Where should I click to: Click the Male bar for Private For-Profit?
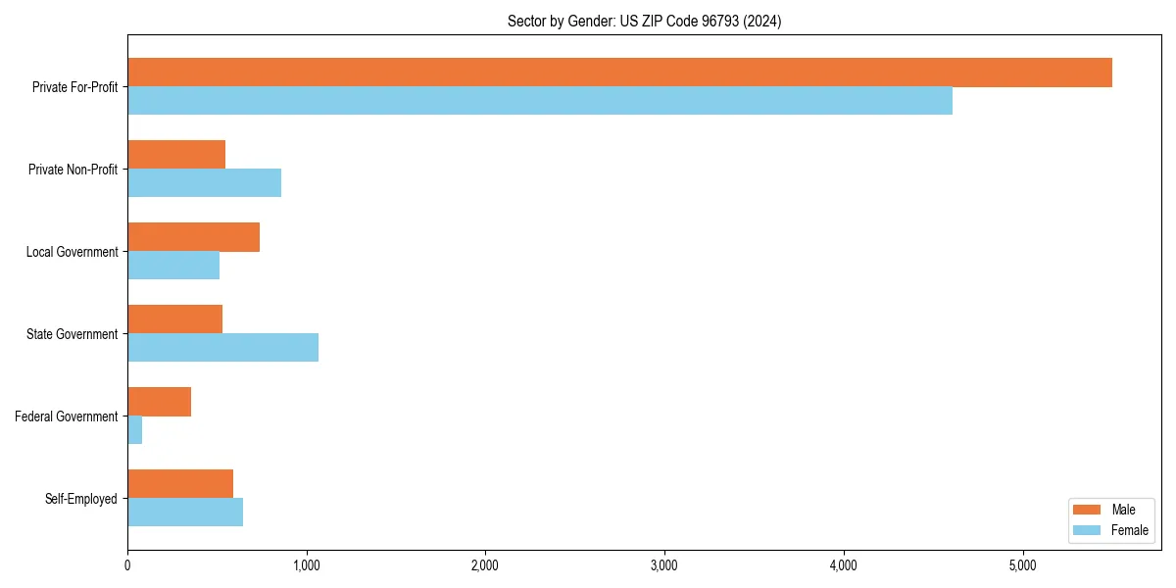click(x=619, y=73)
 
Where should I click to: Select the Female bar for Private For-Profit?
click(x=540, y=101)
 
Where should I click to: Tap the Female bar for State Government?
click(x=222, y=348)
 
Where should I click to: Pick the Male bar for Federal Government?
click(x=159, y=402)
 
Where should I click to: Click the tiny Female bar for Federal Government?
click(x=135, y=430)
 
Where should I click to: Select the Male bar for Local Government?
click(x=193, y=237)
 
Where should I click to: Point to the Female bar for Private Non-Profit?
click(x=204, y=183)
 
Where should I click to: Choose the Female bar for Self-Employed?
click(x=185, y=513)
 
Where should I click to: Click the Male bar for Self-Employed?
click(x=180, y=484)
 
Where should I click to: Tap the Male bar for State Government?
click(x=174, y=319)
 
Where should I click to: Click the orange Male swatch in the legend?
click(x=1088, y=510)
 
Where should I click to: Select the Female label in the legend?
click(x=1129, y=530)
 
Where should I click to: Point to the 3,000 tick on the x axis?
click(x=664, y=565)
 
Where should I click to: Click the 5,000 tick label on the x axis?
click(x=1022, y=565)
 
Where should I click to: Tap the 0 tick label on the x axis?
click(x=127, y=565)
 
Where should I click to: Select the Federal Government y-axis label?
click(x=67, y=416)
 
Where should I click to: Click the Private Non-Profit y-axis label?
click(x=73, y=170)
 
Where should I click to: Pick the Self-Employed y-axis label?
click(x=81, y=499)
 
